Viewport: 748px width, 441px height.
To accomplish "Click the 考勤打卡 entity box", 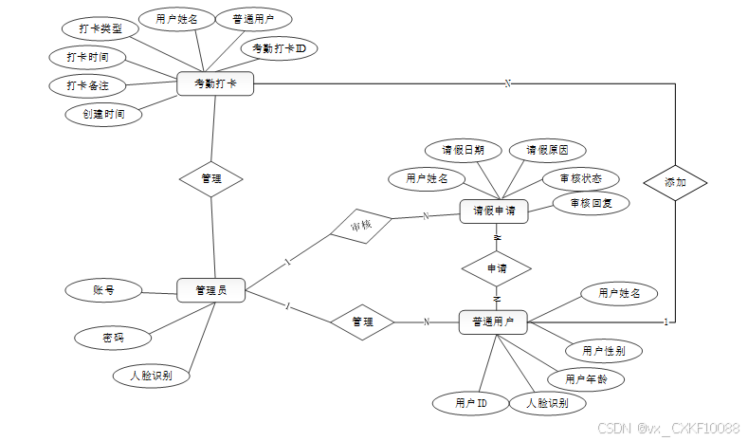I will pyautogui.click(x=215, y=84).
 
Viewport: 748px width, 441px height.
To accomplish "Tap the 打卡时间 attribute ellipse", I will pyautogui.click(x=87, y=57).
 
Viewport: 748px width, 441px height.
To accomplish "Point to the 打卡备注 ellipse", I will pyautogui.click(x=87, y=85).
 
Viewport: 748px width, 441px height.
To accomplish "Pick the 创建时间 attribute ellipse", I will pyautogui.click(x=103, y=114).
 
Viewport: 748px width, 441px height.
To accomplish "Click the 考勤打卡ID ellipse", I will pyautogui.click(x=279, y=47).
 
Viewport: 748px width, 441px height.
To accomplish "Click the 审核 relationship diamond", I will pyautogui.click(x=360, y=226).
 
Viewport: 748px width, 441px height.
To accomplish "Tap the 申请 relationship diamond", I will pyautogui.click(x=496, y=268).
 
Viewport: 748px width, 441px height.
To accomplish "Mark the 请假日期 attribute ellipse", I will pyautogui.click(x=463, y=150).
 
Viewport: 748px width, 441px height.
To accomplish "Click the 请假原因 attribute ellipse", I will pyautogui.click(x=547, y=150).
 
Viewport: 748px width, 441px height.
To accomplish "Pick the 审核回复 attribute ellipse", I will pyautogui.click(x=591, y=203).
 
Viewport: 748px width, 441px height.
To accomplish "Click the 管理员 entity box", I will pyautogui.click(x=210, y=290).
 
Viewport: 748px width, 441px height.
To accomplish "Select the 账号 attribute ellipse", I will pyautogui.click(x=103, y=290).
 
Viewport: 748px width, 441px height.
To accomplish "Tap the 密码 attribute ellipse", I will pyautogui.click(x=113, y=337).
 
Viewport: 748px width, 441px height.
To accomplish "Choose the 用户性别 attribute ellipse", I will pyautogui.click(x=604, y=351).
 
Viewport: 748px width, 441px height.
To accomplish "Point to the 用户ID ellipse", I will pyautogui.click(x=471, y=404).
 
